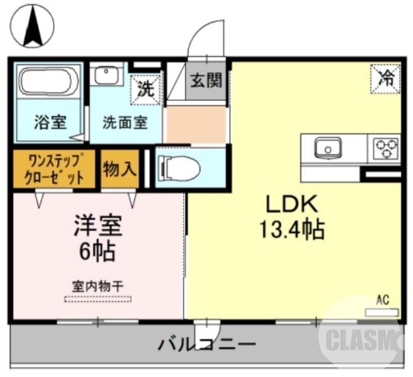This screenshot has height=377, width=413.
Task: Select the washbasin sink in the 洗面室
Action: (107, 76)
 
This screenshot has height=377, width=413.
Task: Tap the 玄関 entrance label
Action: (206, 80)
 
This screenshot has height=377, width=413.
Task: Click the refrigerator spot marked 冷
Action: (386, 78)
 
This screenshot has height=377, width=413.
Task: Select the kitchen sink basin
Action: (328, 148)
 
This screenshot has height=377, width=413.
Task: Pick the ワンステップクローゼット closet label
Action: (54, 168)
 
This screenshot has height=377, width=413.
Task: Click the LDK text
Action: (291, 205)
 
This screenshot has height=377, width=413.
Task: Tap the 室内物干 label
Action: (98, 285)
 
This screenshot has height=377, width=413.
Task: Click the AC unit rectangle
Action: (382, 312)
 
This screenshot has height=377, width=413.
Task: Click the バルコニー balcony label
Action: (206, 344)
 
